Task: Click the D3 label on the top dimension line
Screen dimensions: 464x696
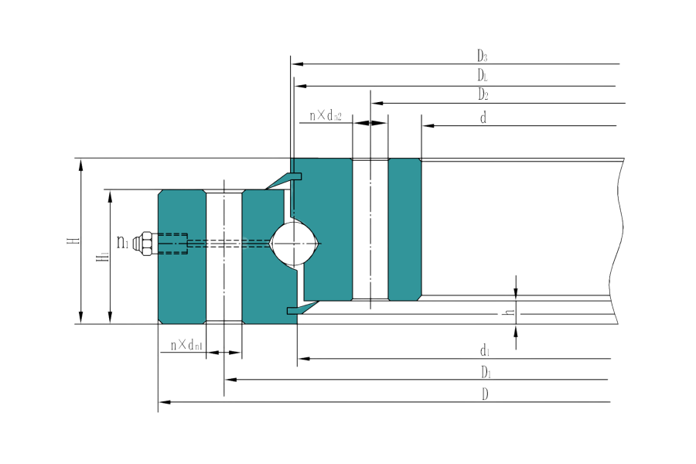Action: pos(482,56)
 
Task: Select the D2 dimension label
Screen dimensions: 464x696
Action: pos(483,94)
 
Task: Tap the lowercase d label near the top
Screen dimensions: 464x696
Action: pos(483,118)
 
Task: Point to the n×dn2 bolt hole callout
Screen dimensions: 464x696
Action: pos(325,116)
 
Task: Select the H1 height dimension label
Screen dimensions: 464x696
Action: pos(101,255)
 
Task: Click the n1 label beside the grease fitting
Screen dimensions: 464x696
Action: pos(122,243)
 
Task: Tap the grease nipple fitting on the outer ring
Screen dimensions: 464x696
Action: pos(144,244)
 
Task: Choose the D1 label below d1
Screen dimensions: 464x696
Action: pos(485,373)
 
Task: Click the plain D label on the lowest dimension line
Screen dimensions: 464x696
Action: pos(485,394)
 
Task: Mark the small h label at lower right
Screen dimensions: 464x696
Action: pos(508,313)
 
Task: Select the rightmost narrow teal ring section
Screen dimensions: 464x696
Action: pos(404,230)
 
